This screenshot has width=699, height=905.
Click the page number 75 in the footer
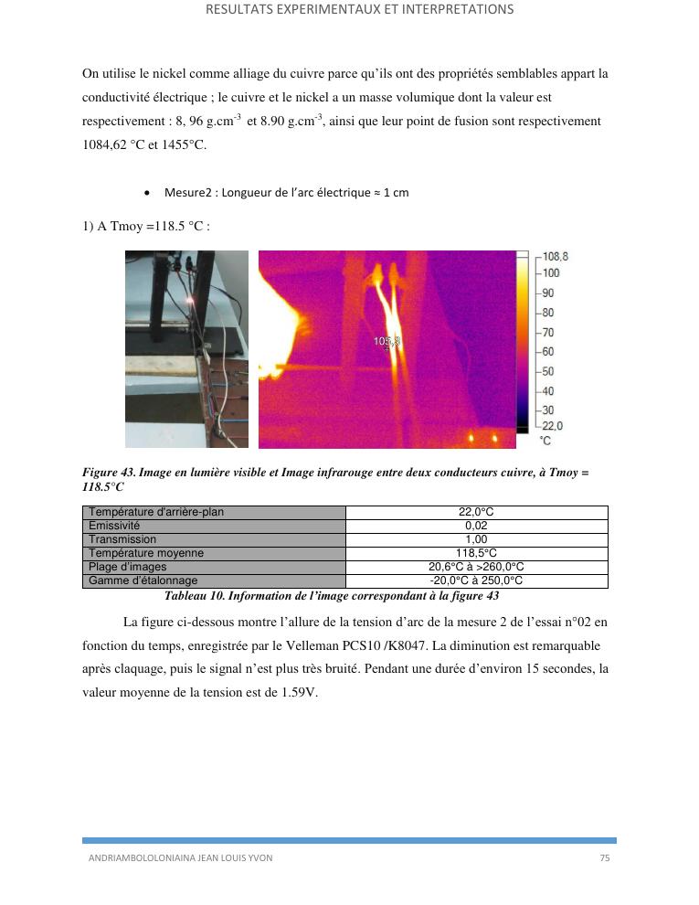tap(604, 858)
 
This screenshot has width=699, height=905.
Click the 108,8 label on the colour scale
tap(555, 257)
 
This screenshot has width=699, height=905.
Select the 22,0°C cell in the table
tap(476, 513)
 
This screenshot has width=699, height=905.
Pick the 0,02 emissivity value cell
tap(476, 527)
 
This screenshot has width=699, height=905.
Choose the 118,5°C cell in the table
tap(476, 553)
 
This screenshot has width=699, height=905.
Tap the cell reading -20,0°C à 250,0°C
tap(476, 580)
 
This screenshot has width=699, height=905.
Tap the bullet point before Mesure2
tap(148, 193)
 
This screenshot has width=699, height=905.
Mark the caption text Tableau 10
tap(198, 596)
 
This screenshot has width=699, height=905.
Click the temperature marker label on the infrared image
tap(387, 341)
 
